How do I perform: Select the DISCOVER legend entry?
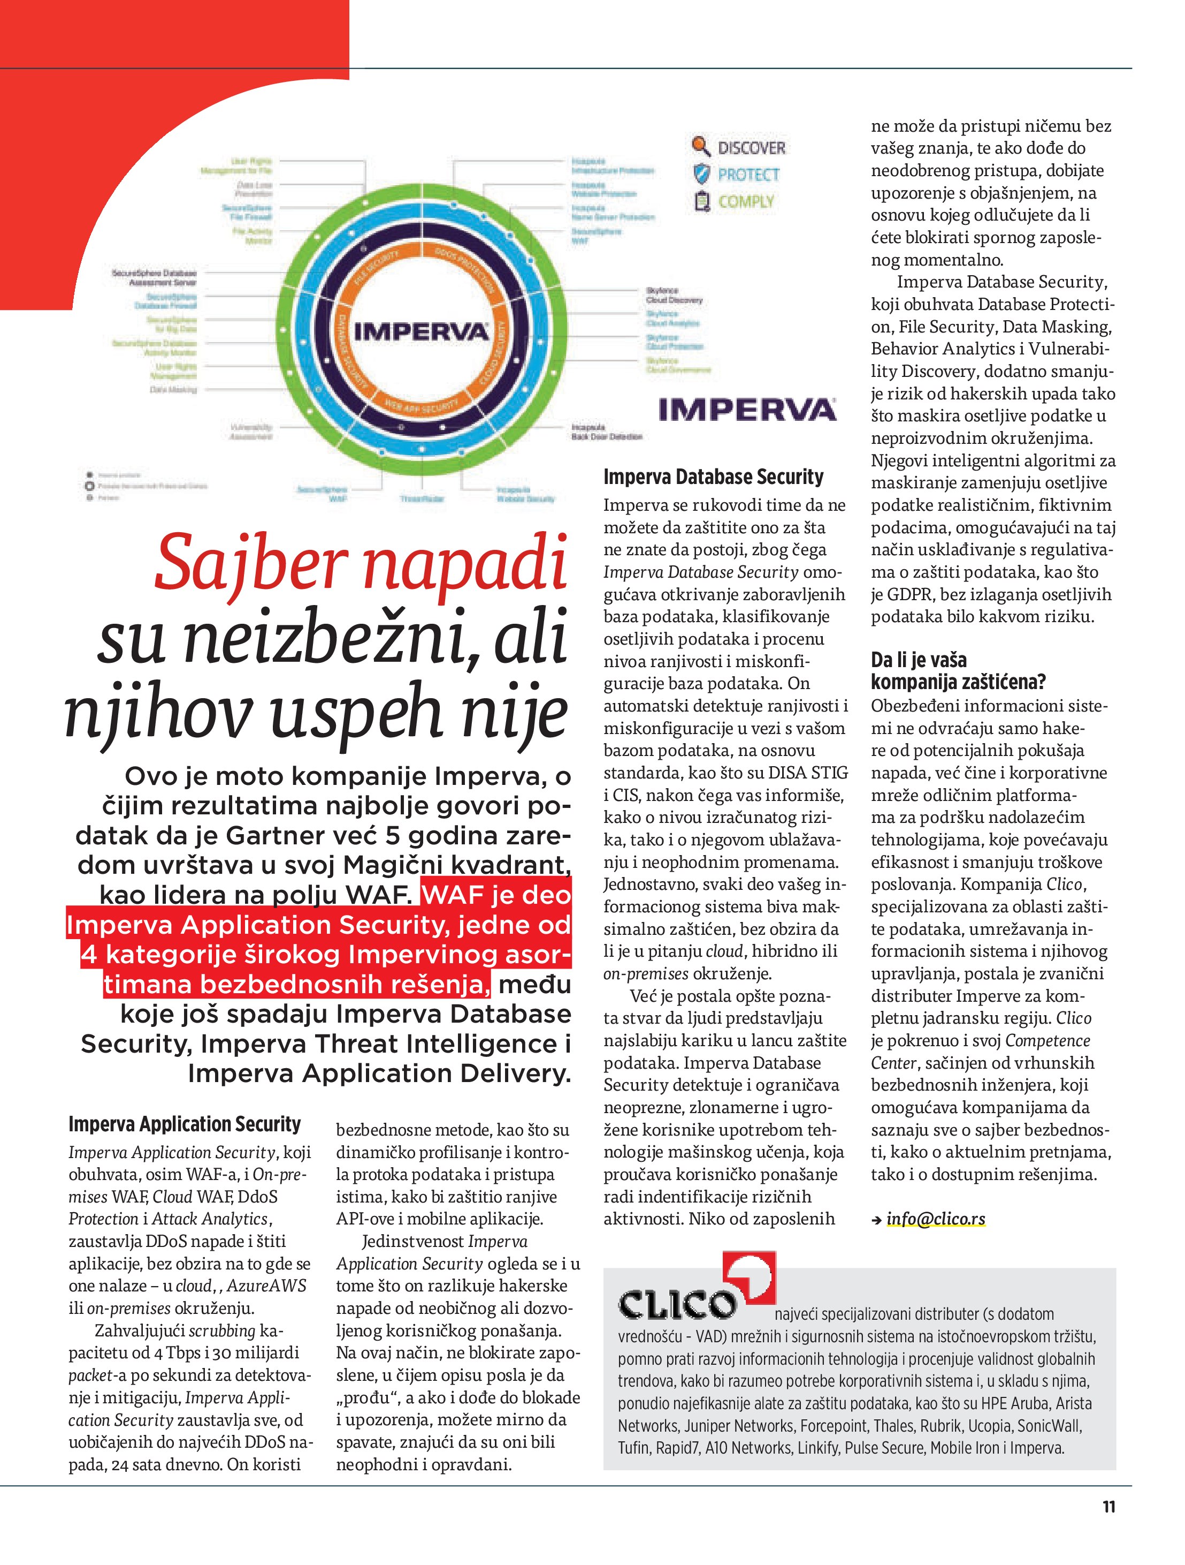coord(751,148)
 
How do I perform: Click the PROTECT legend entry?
coord(748,175)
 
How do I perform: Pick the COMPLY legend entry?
coord(746,202)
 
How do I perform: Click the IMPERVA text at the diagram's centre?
coord(421,331)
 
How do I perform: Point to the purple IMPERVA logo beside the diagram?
coord(747,410)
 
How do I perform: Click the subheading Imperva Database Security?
coord(713,477)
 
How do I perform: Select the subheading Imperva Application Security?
coord(185,1123)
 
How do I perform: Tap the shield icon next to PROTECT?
coord(701,174)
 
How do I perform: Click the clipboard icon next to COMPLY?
coord(701,202)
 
